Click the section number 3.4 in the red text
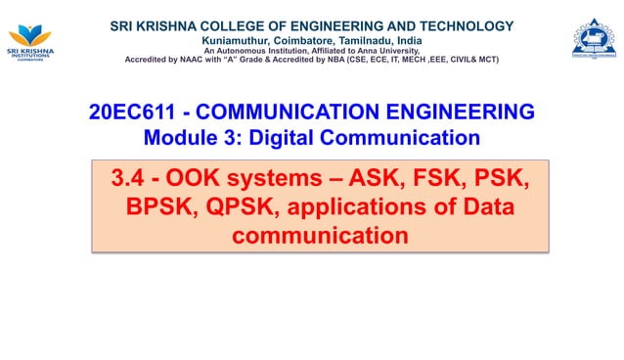128,180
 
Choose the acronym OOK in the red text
191,180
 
